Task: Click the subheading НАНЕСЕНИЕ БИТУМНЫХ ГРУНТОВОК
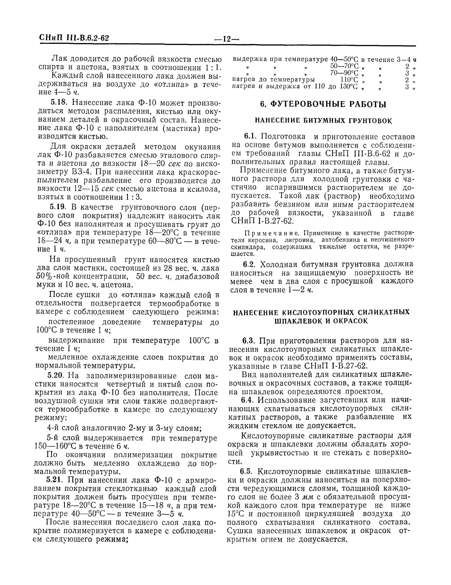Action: pos(323,121)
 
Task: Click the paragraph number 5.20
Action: pos(57,376)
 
